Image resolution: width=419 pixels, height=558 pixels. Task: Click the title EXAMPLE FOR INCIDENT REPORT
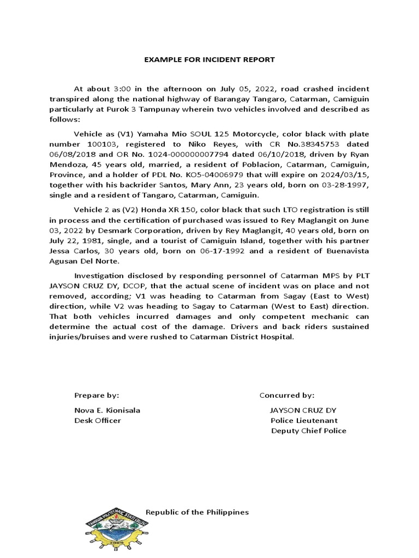click(x=209, y=59)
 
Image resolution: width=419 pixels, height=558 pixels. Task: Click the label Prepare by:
click(x=97, y=395)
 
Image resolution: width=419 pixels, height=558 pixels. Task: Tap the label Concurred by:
click(x=287, y=395)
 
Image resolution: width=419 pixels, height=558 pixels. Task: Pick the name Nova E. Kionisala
click(x=103, y=410)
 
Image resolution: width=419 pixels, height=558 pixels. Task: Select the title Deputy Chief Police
click(x=308, y=430)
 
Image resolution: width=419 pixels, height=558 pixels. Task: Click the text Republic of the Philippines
click(x=197, y=512)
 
